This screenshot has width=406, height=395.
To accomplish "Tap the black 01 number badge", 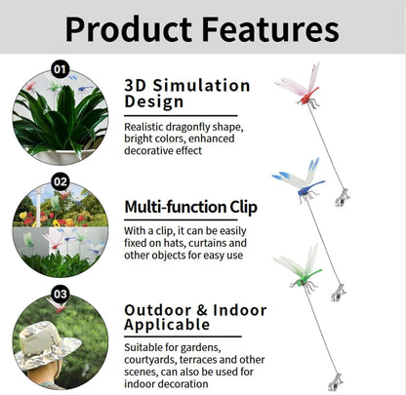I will click(60, 69).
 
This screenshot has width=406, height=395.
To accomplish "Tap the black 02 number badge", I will click(60, 181).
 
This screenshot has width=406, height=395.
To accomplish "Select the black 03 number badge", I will click(60, 293).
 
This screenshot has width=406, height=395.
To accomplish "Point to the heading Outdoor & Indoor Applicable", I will click(195, 319).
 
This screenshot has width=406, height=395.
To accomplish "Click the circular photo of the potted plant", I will click(59, 117).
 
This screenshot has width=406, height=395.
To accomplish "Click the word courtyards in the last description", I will click(155, 359).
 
